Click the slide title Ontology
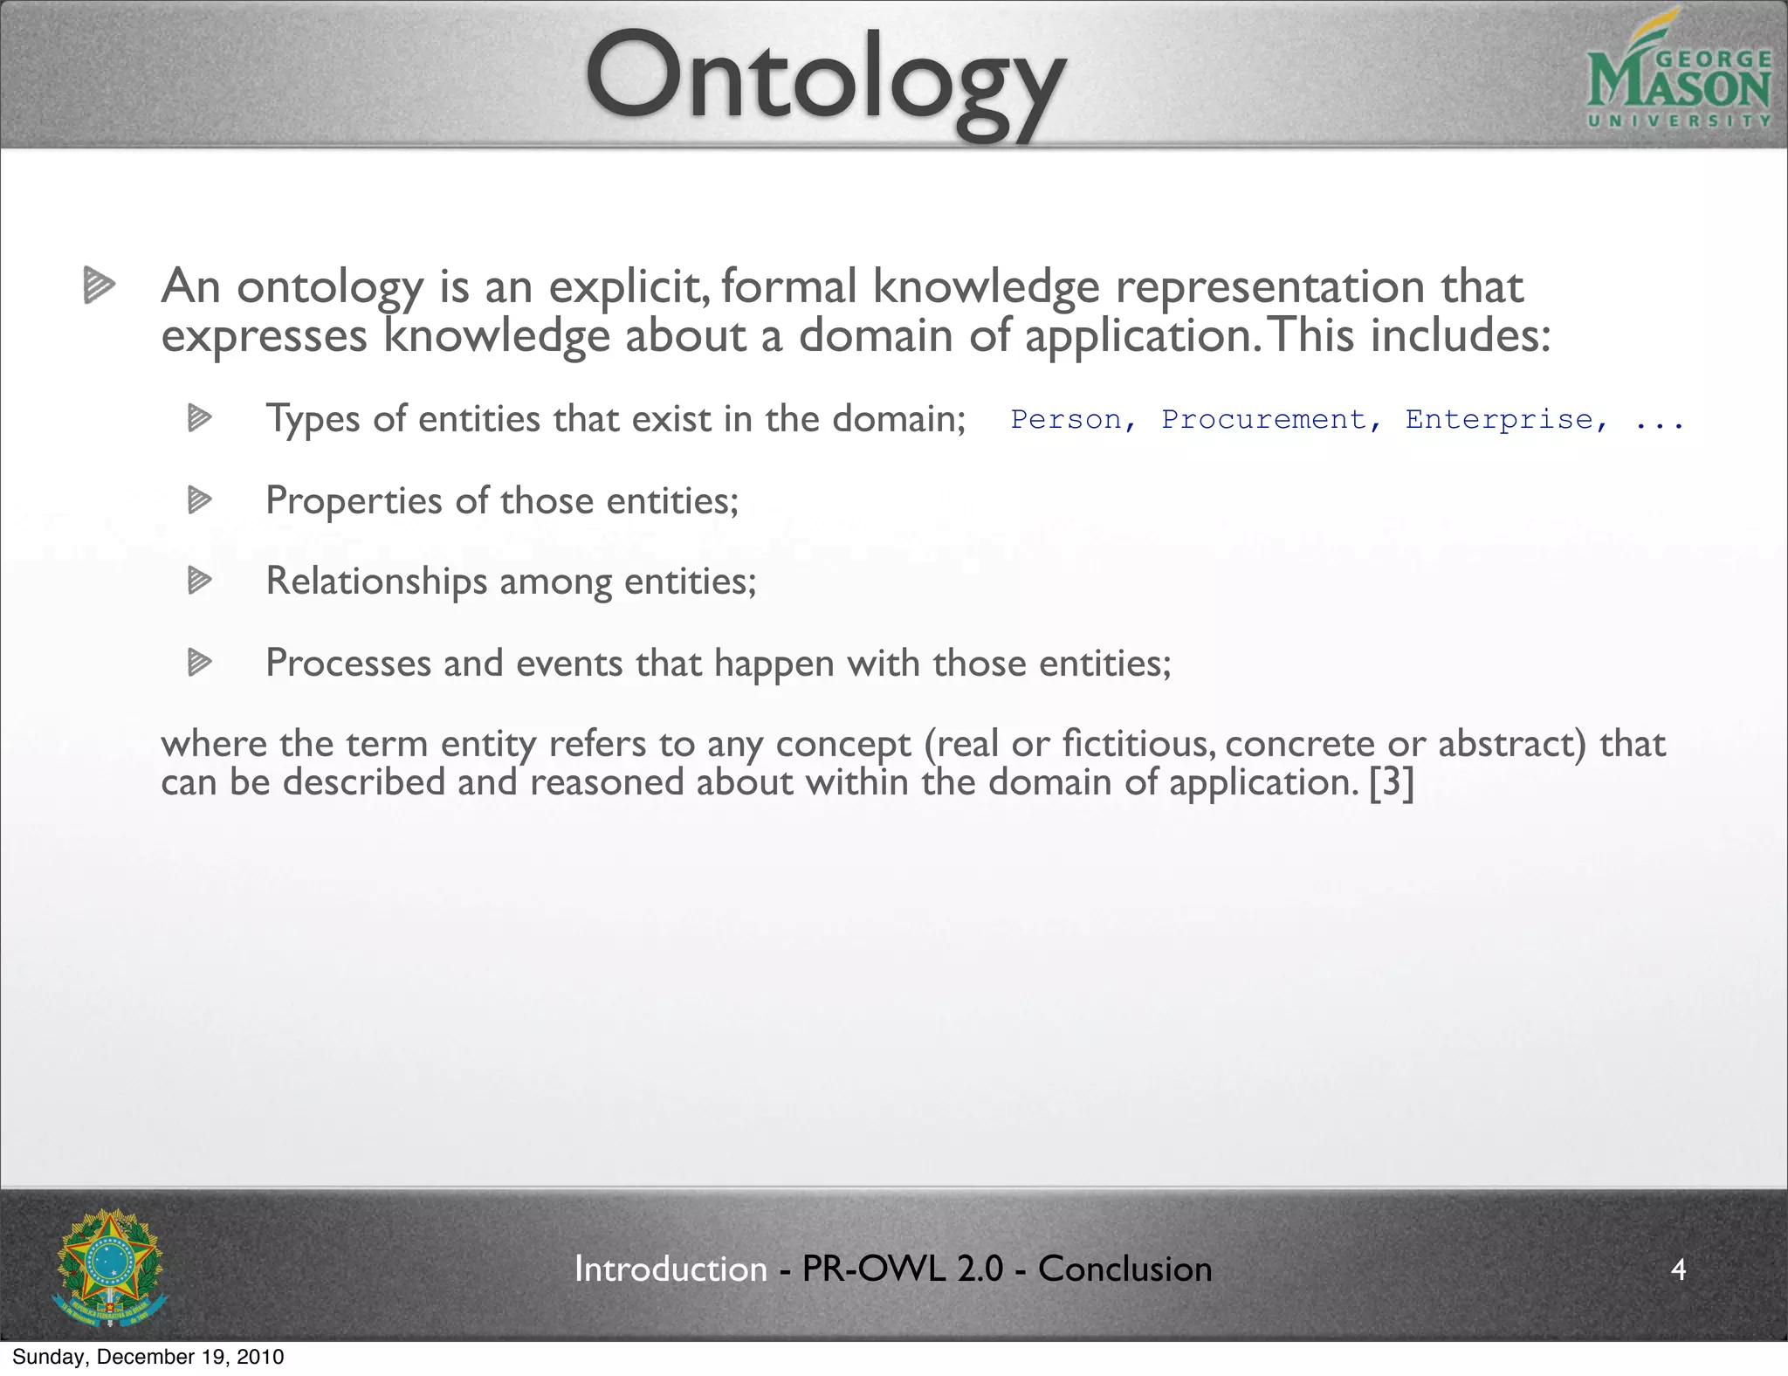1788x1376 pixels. pyautogui.click(x=824, y=80)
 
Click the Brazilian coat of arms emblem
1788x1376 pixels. pyautogui.click(x=109, y=1267)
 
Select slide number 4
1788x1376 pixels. pyautogui.click(x=1677, y=1269)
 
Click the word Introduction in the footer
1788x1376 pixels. pyautogui.click(x=670, y=1269)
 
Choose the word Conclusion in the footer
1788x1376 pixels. pyautogui.click(x=1124, y=1269)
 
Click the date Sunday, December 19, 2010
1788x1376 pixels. pyautogui.click(x=148, y=1357)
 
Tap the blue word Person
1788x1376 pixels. pyautogui.click(x=1066, y=420)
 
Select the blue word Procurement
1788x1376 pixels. pyautogui.click(x=1263, y=420)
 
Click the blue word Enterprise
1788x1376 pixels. pyautogui.click(x=1498, y=420)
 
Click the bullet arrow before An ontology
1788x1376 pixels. pyautogui.click(x=99, y=286)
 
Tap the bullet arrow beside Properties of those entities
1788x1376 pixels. pyautogui.click(x=199, y=500)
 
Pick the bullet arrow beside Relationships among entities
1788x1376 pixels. pyautogui.click(x=199, y=581)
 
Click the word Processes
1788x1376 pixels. pyautogui.click(x=347, y=663)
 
